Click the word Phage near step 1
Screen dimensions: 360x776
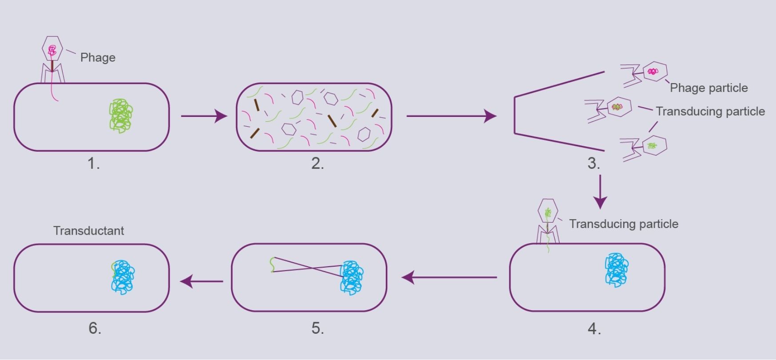click(x=98, y=58)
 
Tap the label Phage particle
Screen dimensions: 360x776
click(x=708, y=88)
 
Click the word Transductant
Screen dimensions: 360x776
click(x=88, y=231)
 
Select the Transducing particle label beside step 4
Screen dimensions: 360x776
click(x=624, y=224)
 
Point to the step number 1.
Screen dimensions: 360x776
click(x=93, y=164)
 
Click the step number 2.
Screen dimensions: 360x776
click(x=317, y=164)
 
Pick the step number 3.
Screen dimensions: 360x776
click(x=594, y=164)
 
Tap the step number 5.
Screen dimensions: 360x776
click(x=317, y=328)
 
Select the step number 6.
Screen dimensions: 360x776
click(x=95, y=328)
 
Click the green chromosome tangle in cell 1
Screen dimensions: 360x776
click(x=121, y=116)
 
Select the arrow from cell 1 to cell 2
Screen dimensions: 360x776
click(x=204, y=116)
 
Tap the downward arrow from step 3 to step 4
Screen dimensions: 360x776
click(x=600, y=191)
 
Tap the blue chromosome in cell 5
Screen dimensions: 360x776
click(x=352, y=278)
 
